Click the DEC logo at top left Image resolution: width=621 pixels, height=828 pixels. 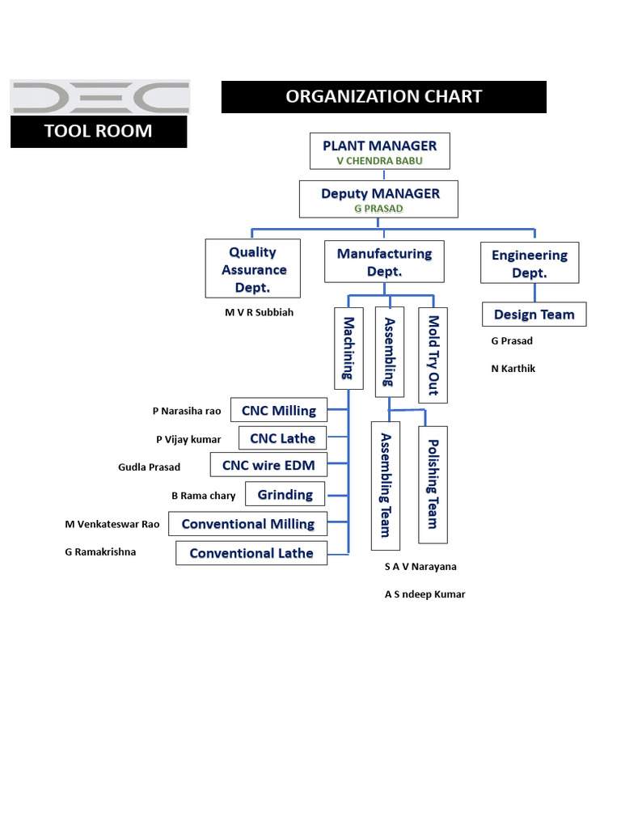[99, 96]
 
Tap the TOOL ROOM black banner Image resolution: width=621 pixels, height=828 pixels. [98, 131]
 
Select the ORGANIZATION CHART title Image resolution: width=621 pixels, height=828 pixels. [384, 97]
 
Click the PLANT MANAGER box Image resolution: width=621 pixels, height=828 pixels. [380, 151]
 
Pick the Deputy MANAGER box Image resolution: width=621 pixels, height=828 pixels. [379, 199]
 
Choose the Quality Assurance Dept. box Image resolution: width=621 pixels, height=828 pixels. [253, 268]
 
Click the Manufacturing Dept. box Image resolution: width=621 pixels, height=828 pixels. [384, 262]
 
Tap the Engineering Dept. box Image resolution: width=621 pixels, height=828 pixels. [530, 263]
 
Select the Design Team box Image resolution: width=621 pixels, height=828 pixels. [534, 315]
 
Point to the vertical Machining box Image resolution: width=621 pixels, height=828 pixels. [348, 348]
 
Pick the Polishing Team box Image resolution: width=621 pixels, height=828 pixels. [432, 483]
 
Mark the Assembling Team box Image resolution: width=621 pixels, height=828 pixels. [386, 485]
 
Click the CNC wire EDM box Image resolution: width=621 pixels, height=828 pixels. [268, 465]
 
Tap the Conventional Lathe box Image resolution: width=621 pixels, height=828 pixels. [251, 553]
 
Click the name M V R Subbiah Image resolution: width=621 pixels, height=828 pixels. [259, 312]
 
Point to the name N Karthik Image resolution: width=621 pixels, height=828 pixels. [513, 369]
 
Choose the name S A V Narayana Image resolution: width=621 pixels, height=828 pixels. [420, 567]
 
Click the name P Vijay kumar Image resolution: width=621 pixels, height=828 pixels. [188, 439]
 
